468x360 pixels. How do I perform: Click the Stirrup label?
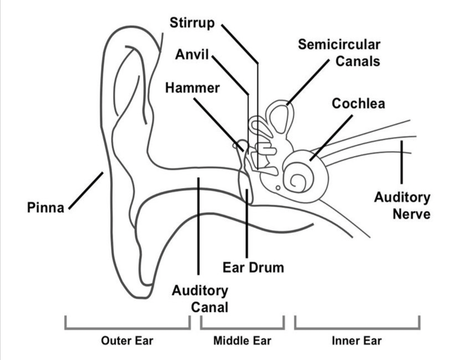coord(192,23)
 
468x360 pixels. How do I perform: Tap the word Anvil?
coord(191,55)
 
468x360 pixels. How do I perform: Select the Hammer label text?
coord(192,88)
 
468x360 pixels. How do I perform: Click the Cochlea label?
coord(358,104)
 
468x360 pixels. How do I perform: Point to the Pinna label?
coord(45,208)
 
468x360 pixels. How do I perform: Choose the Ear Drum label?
coord(253,268)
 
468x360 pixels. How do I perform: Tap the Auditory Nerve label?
coord(402,205)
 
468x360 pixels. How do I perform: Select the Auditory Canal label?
coord(200,299)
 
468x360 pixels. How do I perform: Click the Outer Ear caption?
coord(127,341)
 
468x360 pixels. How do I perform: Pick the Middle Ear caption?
coord(242,341)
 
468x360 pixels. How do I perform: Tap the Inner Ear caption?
coord(357,341)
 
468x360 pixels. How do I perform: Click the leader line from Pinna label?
coord(86,190)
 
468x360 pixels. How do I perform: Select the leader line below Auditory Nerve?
coord(401,162)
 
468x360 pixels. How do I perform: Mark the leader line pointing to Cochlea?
coord(332,137)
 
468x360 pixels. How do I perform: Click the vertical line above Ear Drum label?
coord(247,225)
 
